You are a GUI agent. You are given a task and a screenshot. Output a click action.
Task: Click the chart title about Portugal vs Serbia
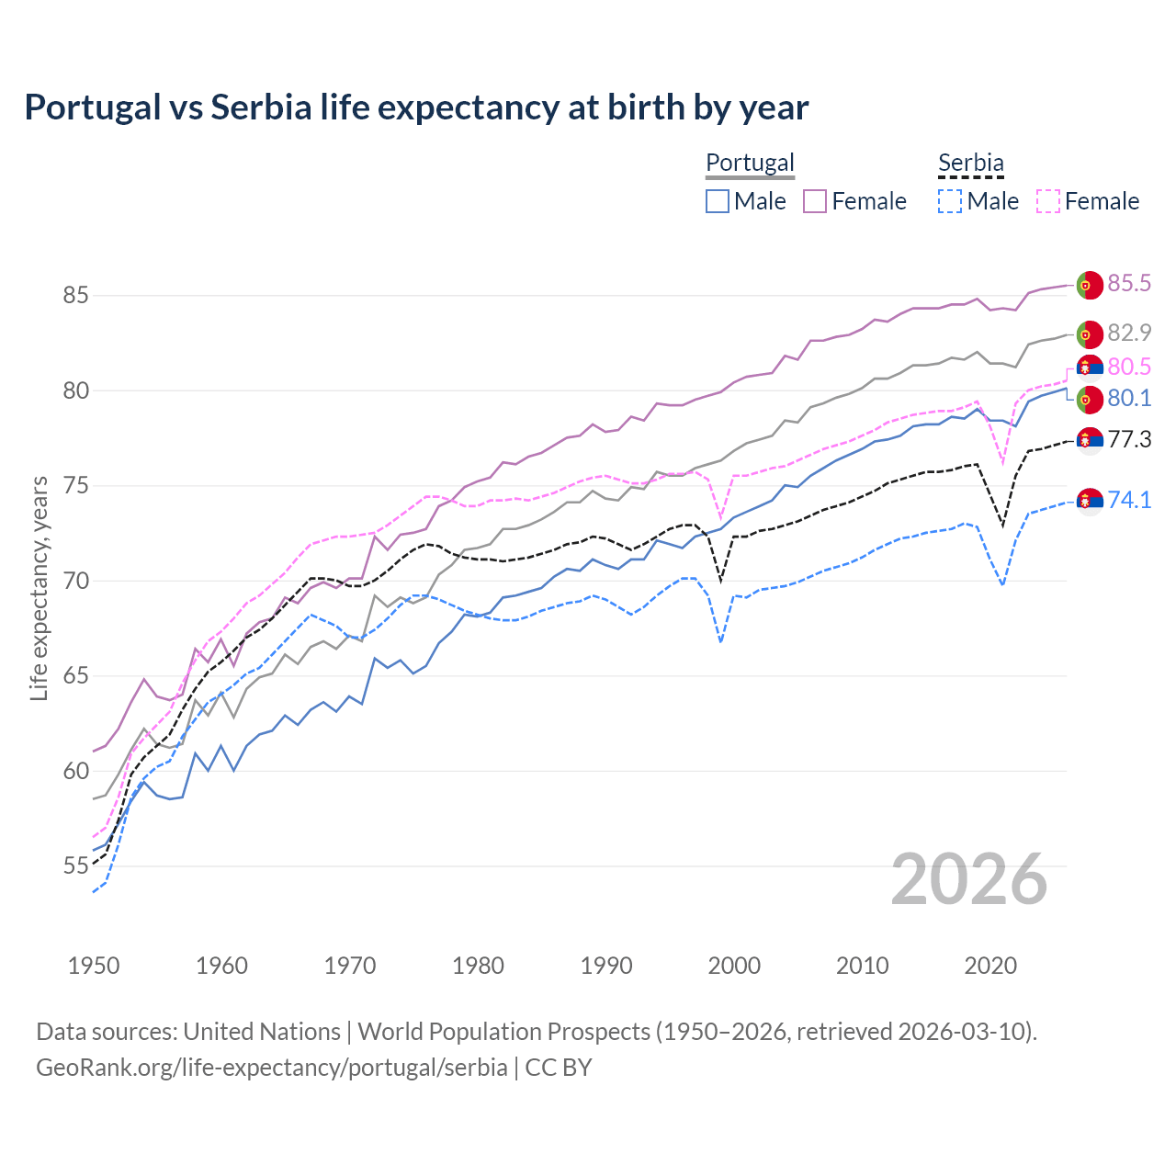click(416, 107)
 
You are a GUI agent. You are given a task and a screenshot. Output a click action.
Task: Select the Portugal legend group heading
click(750, 163)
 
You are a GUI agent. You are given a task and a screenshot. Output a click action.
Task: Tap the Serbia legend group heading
click(970, 163)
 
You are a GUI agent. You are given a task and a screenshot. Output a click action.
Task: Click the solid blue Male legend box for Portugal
click(718, 201)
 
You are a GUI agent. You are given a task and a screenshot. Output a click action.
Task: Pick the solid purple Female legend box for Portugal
click(815, 201)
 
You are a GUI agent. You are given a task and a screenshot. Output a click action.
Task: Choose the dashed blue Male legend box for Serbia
click(950, 201)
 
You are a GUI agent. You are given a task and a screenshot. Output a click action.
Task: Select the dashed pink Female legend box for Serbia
click(1048, 201)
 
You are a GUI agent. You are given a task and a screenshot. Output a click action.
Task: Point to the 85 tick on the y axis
click(75, 296)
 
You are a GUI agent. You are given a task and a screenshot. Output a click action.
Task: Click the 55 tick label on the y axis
click(75, 865)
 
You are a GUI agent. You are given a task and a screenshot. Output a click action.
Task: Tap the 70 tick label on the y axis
click(75, 581)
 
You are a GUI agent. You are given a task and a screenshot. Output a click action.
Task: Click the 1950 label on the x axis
click(94, 966)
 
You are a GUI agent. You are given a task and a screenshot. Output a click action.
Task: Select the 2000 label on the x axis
click(734, 966)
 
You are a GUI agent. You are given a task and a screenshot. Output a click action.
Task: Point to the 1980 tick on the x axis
click(478, 966)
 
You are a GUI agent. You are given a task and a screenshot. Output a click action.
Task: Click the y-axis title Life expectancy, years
click(39, 588)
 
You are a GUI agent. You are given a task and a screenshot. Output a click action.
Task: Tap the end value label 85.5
click(1129, 283)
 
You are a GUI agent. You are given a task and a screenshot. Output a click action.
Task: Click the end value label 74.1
click(1129, 500)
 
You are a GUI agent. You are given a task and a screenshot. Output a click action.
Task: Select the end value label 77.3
click(1129, 439)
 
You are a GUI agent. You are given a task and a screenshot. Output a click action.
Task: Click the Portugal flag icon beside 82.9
click(1090, 334)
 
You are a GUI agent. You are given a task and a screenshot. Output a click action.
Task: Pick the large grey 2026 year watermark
click(969, 879)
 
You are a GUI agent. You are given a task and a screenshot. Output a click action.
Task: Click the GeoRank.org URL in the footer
click(272, 1067)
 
